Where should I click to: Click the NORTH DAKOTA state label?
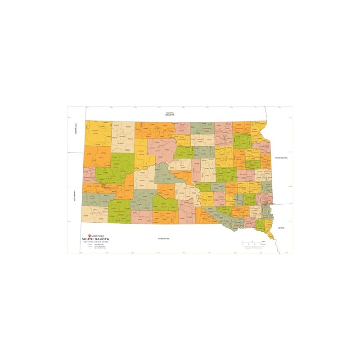pyautogui.click(x=170, y=114)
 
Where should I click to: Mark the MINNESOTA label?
pyautogui.click(x=280, y=158)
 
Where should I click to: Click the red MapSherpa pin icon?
pyautogui.click(x=89, y=235)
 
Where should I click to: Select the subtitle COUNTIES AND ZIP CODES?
pyautogui.click(x=94, y=242)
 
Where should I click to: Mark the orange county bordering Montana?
pyautogui.click(x=97, y=157)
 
